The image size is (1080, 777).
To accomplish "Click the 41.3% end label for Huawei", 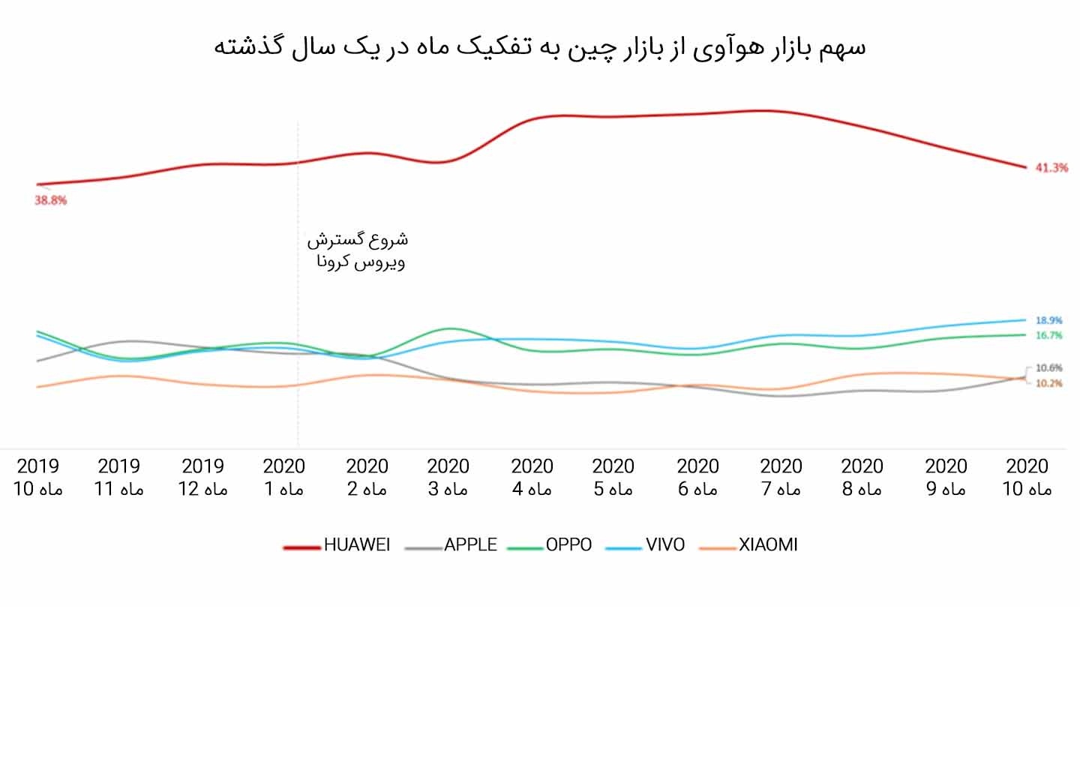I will pos(1051,168).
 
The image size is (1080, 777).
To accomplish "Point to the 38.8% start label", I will pos(50,200).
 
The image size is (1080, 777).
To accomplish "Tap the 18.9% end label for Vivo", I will pos(1048,320).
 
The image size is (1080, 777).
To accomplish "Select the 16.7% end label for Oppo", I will pos(1048,335).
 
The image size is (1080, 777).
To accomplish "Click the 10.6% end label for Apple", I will pos(1048,368).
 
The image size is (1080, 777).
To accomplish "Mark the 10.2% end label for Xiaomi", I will pos(1048,383).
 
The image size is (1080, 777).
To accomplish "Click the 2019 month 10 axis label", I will pos(37,478).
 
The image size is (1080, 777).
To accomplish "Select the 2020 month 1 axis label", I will pos(284,478).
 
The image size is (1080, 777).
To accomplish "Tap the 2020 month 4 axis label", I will pos(532,478).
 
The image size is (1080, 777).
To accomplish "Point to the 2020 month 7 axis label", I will pos(781,478).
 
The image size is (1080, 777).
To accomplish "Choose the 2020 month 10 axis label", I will pos(1027,478).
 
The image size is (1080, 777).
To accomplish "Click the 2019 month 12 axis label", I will pos(202,478).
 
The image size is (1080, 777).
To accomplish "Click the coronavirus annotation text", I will pos(358,251).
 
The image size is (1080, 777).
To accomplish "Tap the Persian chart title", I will pos(540,46).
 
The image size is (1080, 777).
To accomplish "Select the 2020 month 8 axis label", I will pos(862,478).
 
